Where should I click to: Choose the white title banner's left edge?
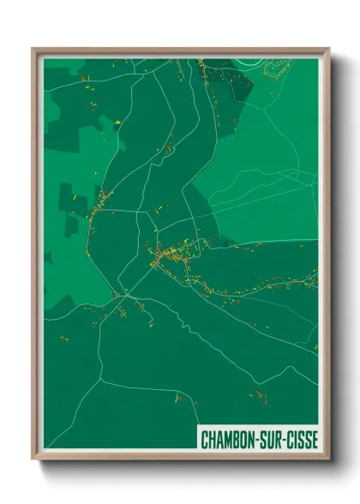point(198,439)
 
